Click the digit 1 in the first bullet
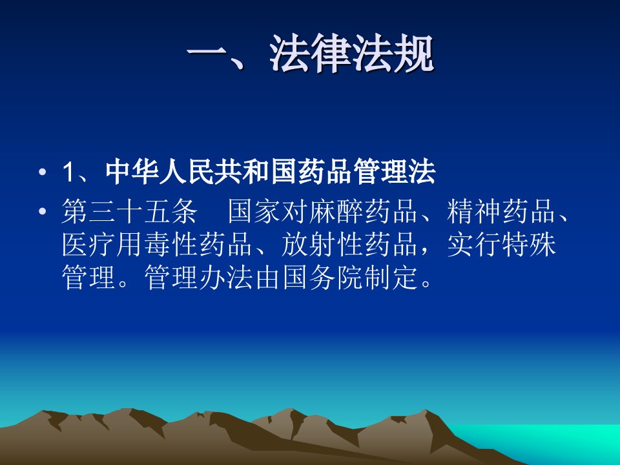(x=68, y=172)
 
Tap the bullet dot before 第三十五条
(x=43, y=211)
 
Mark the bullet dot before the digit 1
(x=43, y=172)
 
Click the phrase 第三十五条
(x=130, y=211)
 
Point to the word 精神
(x=474, y=211)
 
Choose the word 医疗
(x=89, y=244)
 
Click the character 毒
(x=158, y=244)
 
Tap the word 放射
(x=309, y=244)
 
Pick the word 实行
(x=474, y=244)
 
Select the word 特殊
(x=529, y=244)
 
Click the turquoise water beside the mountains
(x=553, y=443)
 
